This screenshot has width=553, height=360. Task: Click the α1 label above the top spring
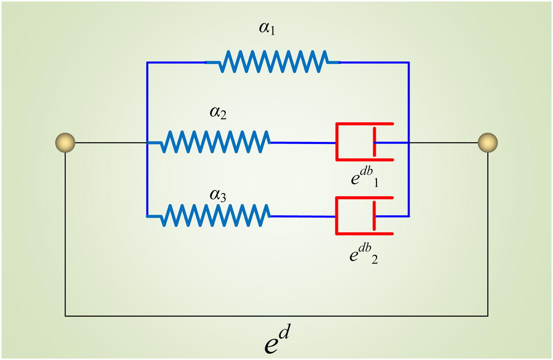[x=267, y=28]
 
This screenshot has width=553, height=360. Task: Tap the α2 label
[x=218, y=113]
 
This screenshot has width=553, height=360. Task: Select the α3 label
[x=218, y=196]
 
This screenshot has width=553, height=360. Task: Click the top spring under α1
[x=273, y=62]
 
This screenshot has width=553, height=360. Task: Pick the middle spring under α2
[x=209, y=142]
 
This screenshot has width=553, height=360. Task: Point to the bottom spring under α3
[x=209, y=215]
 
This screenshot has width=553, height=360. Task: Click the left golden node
[x=65, y=143]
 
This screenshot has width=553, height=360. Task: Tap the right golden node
[x=488, y=143]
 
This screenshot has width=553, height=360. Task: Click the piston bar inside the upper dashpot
[x=374, y=142]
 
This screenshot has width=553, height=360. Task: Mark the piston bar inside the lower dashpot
[x=374, y=216]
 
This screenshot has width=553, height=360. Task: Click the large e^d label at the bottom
[x=277, y=339]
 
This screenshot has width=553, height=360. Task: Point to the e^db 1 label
[x=365, y=177]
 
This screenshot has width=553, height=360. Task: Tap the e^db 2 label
[x=364, y=254]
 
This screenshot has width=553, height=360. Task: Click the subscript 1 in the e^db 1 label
[x=376, y=183]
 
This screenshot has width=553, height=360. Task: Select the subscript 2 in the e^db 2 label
[x=375, y=260]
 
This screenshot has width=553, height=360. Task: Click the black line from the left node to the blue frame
[x=111, y=143]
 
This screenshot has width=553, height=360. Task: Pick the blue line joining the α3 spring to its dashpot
[x=303, y=217]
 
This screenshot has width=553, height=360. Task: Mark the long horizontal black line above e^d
[x=276, y=316]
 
